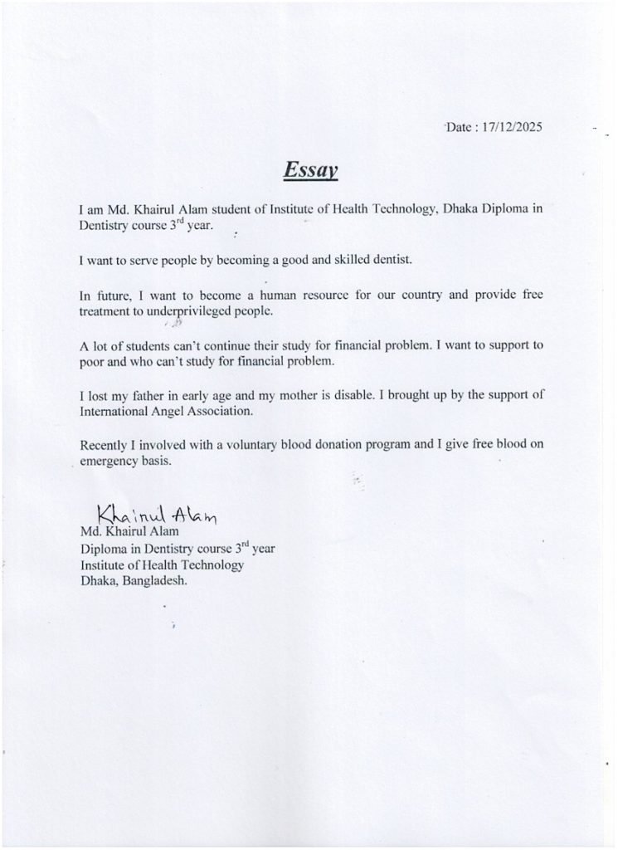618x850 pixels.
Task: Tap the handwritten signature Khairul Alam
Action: [x=156, y=515]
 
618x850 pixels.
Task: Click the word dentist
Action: [x=388, y=260]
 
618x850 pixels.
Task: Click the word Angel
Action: [x=168, y=411]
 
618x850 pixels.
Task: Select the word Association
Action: [x=225, y=411]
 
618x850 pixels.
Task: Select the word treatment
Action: [x=107, y=310]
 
